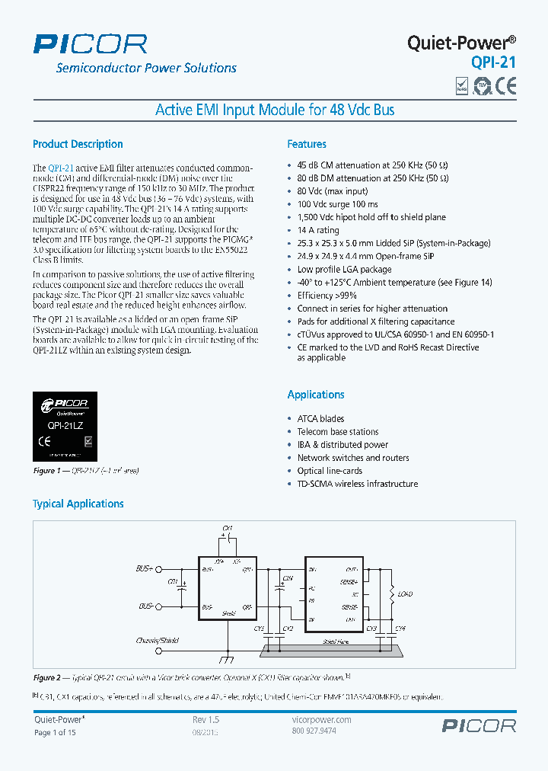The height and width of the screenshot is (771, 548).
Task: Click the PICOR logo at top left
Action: click(90, 43)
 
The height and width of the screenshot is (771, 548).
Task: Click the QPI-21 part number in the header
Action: click(493, 62)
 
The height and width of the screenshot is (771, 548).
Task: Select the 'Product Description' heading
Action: click(78, 144)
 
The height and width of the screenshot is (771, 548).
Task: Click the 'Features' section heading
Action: click(307, 144)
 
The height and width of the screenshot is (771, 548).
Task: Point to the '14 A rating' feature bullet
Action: click(318, 230)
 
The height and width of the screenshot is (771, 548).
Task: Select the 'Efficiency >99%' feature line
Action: click(327, 296)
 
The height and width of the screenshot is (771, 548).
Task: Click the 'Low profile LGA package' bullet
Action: click(344, 269)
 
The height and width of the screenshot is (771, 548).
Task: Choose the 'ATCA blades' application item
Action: click(320, 418)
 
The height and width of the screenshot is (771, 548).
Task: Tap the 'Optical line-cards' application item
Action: click(330, 471)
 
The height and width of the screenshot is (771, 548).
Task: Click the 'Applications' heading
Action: click(316, 395)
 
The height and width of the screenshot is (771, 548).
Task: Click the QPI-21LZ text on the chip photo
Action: click(65, 427)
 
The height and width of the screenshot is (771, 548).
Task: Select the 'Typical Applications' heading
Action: click(78, 504)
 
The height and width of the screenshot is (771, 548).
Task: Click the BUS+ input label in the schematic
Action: click(145, 568)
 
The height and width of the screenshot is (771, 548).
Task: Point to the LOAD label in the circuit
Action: click(405, 593)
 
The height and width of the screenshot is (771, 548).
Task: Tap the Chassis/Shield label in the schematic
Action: click(157, 641)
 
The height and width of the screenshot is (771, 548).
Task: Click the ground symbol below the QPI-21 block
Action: click(226, 657)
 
